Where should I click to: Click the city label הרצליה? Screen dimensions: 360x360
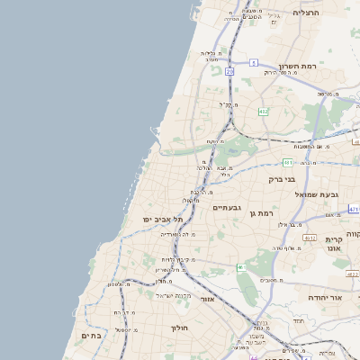tap(307, 13)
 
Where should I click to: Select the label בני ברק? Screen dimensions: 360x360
tap(282, 179)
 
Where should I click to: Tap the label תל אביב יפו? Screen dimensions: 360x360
tap(162, 220)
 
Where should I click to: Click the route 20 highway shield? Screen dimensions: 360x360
tap(229, 70)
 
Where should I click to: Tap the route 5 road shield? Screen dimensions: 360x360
tap(255, 63)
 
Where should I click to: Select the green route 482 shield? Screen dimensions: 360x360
tap(263, 112)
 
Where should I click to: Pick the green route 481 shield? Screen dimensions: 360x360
tap(287, 162)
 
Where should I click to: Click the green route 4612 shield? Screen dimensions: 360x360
tap(309, 238)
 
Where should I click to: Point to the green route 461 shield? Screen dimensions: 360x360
tap(241, 267)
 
